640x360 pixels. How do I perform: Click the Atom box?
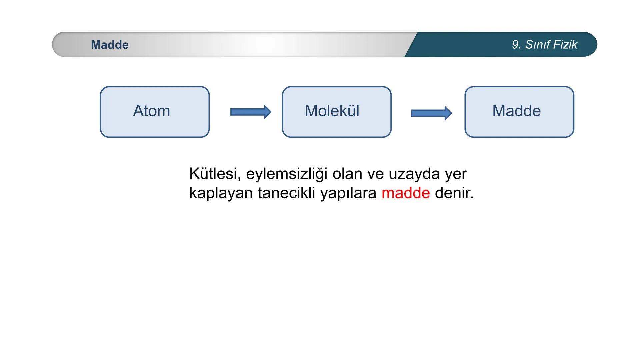155,112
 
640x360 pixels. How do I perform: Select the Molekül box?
337,112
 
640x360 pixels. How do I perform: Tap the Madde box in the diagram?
519,112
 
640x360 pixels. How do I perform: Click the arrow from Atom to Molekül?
251,112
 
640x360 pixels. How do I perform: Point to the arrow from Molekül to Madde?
431,113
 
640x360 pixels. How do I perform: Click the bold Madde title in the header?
110,45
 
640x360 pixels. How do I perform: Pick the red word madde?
406,193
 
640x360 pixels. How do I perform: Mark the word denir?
454,193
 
